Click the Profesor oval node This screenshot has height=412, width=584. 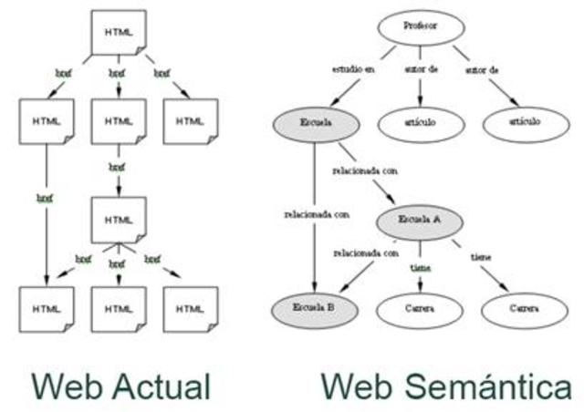[421, 27]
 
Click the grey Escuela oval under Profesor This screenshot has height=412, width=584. [315, 123]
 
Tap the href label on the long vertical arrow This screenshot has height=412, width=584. [45, 197]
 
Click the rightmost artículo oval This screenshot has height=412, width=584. [526, 123]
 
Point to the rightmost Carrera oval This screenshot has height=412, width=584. [526, 310]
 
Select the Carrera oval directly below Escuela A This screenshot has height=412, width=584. [421, 310]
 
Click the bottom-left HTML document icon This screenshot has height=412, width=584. [46, 308]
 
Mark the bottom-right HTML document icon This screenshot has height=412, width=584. [191, 308]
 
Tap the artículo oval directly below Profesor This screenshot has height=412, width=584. [421, 123]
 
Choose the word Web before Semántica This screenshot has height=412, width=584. [358, 386]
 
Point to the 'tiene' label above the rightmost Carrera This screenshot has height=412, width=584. [481, 258]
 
